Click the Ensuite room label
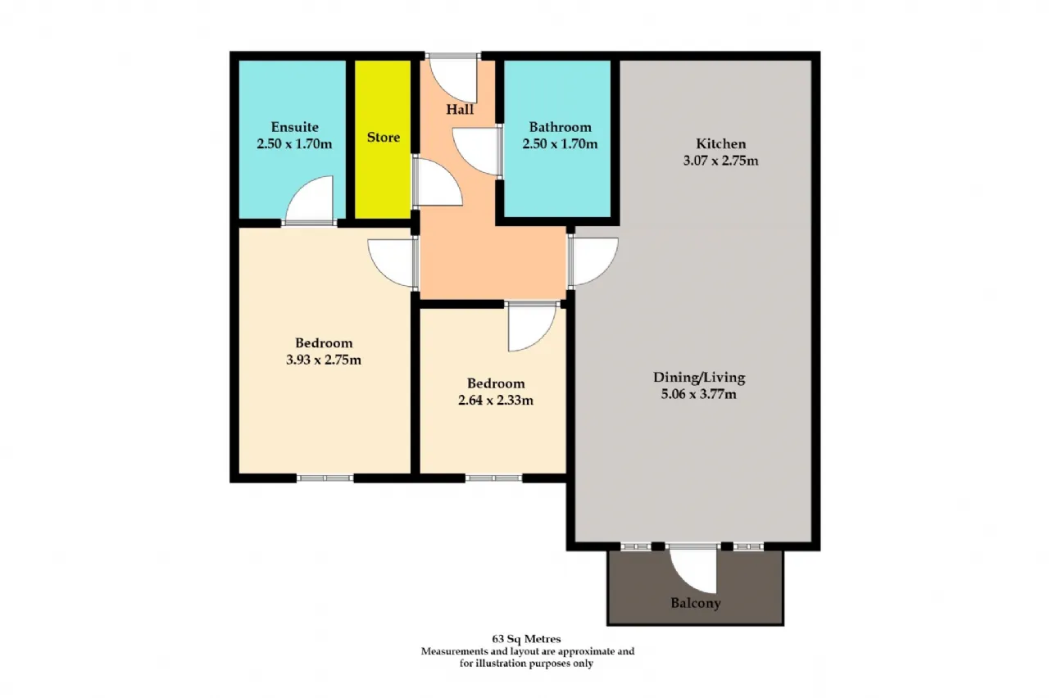coord(294,127)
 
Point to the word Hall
coord(460,110)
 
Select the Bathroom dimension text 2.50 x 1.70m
coord(560,143)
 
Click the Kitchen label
coord(720,143)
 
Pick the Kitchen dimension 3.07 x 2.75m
coord(720,161)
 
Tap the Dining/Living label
coord(699,378)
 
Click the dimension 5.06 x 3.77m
coord(699,394)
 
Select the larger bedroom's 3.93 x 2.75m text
coord(324,360)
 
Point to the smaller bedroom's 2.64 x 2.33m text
coord(496,401)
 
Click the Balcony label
coord(696,603)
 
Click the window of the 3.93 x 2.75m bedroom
coord(325,478)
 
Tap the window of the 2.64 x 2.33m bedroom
coord(493,478)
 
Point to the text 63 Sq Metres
coord(526,639)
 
